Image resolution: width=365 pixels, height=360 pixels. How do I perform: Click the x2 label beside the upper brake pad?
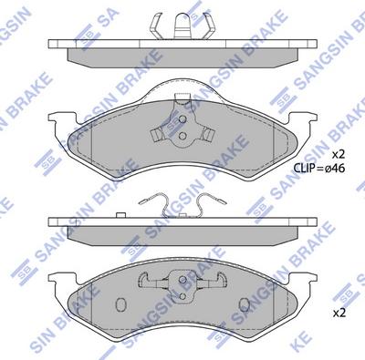pyautogui.click(x=339, y=152)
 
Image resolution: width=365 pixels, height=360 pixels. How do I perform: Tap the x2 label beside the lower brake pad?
pyautogui.click(x=339, y=312)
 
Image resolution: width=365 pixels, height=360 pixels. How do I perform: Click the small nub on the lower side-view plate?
pyautogui.click(x=122, y=212)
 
